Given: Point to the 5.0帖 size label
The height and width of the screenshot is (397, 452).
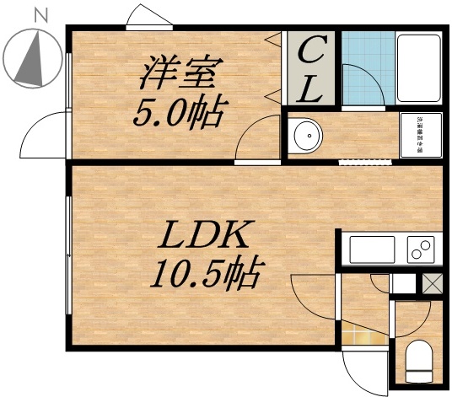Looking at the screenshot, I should pos(179,112).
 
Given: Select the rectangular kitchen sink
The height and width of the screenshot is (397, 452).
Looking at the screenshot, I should pos(372,250).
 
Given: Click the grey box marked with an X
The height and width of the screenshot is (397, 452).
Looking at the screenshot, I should pos(432,284).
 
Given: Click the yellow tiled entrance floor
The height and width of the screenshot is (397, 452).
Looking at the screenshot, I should pos(364,337).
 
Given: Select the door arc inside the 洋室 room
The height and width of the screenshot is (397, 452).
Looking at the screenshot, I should pos(255,139).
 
